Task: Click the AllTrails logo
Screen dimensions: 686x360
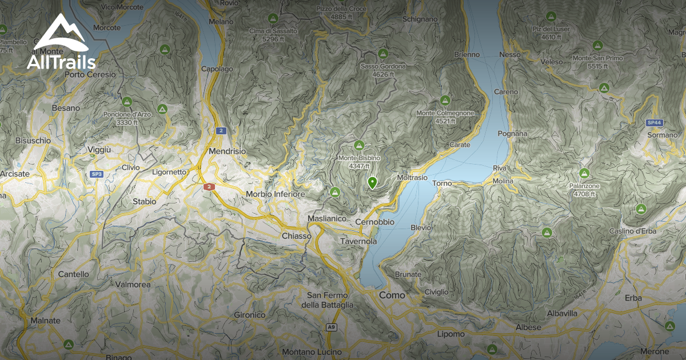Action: (x=61, y=42)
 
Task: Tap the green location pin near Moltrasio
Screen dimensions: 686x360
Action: (x=372, y=183)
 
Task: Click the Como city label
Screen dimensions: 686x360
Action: (x=392, y=295)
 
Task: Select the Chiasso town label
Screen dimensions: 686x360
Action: (x=296, y=235)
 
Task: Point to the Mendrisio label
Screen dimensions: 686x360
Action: (x=227, y=151)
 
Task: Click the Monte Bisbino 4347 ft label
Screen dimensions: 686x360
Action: (x=359, y=162)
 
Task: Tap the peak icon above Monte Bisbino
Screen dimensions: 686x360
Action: (x=359, y=145)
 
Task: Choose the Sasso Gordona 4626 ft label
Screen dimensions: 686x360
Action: (x=383, y=70)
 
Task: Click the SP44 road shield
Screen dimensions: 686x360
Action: (x=654, y=123)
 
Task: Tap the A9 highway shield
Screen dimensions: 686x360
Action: (x=331, y=327)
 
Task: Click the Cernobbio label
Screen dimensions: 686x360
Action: (x=374, y=222)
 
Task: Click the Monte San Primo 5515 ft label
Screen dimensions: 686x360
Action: (x=598, y=62)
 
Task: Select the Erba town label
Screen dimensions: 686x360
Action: (x=633, y=298)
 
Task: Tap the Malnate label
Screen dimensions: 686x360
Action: (x=45, y=321)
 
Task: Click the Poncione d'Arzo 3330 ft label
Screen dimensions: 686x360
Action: (x=127, y=118)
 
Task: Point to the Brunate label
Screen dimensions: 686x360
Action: (x=408, y=274)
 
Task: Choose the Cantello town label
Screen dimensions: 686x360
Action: (x=73, y=274)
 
